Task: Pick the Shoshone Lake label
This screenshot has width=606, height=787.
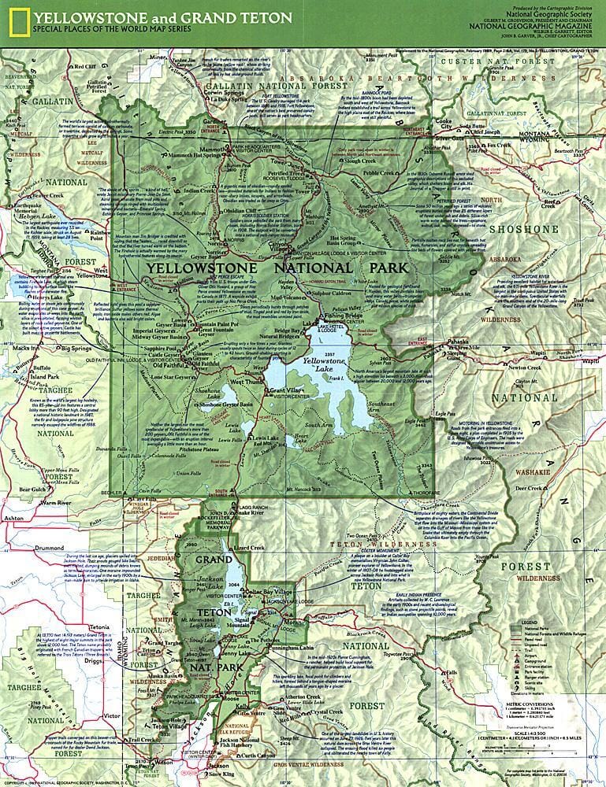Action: tap(212, 393)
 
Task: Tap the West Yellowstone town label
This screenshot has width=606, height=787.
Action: tap(92, 274)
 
